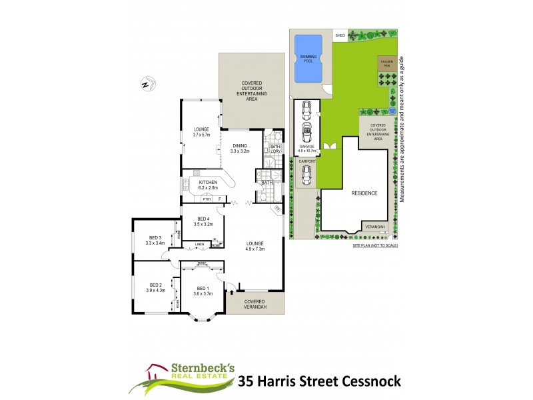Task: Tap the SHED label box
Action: [x=340, y=35]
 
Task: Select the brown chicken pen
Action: [x=387, y=64]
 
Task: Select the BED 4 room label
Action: [x=203, y=221]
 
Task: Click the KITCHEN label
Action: [x=208, y=182]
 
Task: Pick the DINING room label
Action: [x=240, y=148]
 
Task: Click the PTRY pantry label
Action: [x=207, y=199]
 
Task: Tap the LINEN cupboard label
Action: [x=199, y=245]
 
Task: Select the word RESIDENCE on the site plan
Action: [x=364, y=193]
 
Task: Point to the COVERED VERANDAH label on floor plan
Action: [x=254, y=303]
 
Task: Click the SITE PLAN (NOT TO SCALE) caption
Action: [x=375, y=246]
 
